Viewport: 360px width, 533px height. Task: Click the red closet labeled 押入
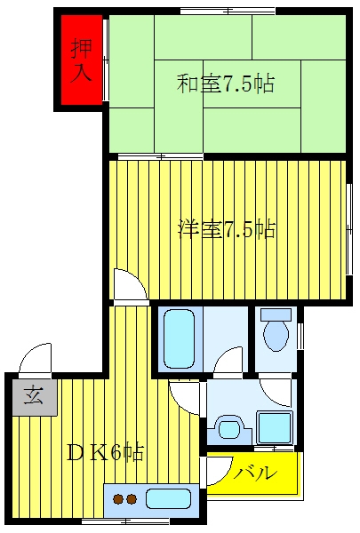point(82,60)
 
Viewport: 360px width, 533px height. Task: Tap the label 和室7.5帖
point(225,84)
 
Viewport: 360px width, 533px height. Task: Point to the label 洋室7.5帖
point(227,229)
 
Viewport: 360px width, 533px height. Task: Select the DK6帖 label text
point(105,452)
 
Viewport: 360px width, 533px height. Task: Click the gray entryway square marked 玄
point(35,396)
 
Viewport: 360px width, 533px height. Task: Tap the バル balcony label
point(254,473)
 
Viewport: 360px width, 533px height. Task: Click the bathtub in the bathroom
point(179,339)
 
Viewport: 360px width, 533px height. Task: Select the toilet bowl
point(276,336)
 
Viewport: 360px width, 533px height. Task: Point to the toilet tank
point(276,314)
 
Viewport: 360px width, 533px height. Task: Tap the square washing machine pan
point(275,427)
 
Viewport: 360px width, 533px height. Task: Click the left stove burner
point(119,499)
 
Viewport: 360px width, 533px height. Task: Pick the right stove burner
point(132,499)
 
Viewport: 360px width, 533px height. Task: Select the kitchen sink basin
point(168,499)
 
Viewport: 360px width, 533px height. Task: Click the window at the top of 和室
point(228,12)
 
